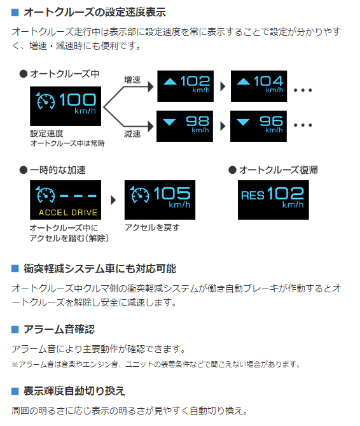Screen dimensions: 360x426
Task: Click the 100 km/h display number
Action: coord(78,99)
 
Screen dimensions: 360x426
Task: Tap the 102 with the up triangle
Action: coord(195,81)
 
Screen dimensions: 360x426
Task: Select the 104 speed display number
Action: coord(268,81)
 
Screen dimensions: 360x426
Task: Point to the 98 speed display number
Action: coord(198,121)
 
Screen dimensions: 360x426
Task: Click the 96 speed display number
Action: coord(272,121)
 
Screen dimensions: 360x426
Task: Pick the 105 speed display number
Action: coord(172,193)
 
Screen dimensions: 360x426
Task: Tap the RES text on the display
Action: coord(253,195)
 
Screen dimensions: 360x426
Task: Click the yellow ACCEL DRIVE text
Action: coord(68,213)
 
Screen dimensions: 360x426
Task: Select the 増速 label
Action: coord(132,80)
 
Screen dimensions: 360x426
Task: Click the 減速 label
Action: coord(132,134)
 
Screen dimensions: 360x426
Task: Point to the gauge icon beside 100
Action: coord(45,101)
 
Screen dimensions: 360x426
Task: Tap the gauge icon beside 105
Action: coord(139,194)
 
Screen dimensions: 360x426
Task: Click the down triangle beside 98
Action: coord(169,122)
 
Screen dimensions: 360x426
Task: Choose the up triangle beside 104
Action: coord(244,82)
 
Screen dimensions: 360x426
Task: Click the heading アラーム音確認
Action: coord(59,329)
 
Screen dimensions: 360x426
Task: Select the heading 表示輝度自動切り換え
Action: coord(74,391)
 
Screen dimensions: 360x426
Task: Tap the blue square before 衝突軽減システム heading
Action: coord(15,269)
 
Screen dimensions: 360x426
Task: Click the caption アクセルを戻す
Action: coord(152,227)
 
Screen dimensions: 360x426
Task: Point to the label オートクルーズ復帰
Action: coord(279,170)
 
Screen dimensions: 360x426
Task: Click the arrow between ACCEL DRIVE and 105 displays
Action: coord(113,200)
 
